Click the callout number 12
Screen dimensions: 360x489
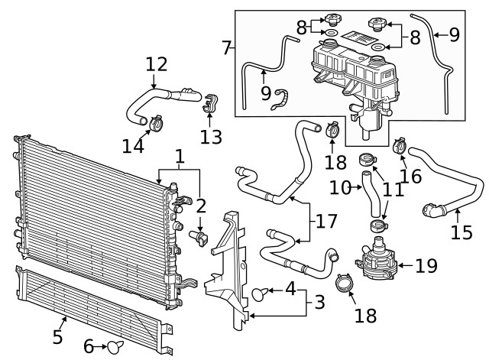[x=156, y=64]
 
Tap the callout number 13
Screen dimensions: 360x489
[x=211, y=137]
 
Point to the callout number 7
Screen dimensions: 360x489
[x=226, y=48]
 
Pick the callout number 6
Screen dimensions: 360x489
[x=89, y=346]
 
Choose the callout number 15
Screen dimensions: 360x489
[x=461, y=232]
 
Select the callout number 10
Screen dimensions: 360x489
[x=339, y=186]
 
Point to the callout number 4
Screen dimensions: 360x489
[x=290, y=289]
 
